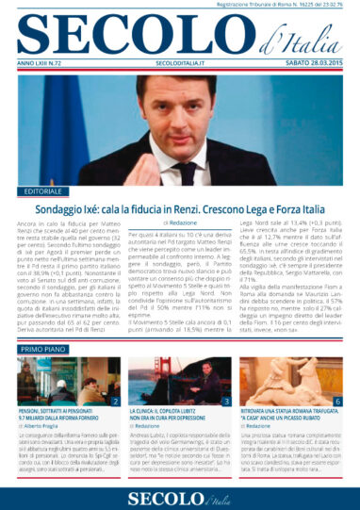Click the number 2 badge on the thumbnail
[113, 402]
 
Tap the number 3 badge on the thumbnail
[226, 402]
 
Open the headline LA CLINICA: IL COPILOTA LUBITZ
[179, 416]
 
